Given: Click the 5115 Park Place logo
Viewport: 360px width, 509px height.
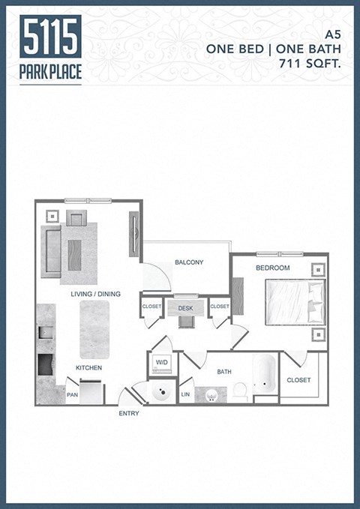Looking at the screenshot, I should pos(51,49).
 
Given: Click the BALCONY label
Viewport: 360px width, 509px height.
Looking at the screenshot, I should pos(189,262).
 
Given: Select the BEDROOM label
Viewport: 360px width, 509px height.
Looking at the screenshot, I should pos(273,268).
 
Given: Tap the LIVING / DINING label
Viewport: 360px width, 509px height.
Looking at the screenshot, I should pos(95,294).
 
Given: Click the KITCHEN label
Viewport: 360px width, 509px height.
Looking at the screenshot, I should pos(88,368).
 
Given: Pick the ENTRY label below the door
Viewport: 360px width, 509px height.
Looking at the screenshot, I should pos(129,414).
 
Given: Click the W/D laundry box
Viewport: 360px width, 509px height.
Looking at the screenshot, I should pos(162,363).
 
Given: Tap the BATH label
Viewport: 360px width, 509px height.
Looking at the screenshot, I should pos(224,371).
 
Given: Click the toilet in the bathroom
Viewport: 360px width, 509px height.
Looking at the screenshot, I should pos(240,390).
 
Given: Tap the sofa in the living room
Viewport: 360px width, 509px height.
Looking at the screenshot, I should pos(51,250).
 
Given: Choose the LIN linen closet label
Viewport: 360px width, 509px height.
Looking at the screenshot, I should pos(185,394).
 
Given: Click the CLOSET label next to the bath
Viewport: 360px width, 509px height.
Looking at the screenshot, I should pos(298,380).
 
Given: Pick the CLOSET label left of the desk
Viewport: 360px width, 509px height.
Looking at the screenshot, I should pos(151,307).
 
